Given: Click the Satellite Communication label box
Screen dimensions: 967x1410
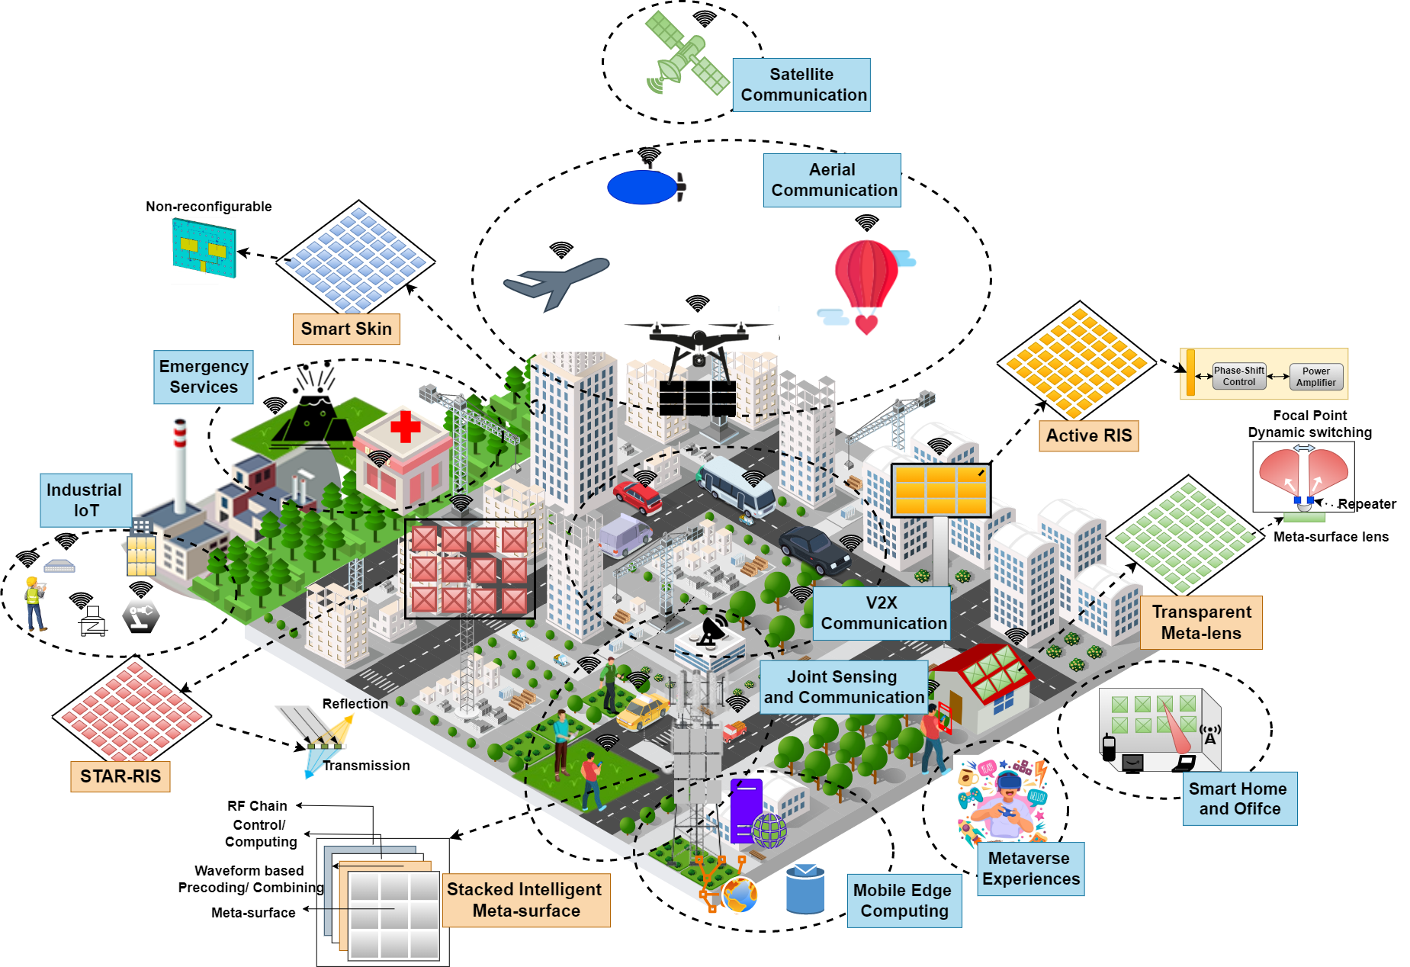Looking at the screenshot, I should (x=801, y=85).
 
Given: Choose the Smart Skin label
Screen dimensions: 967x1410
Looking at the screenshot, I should (x=346, y=329).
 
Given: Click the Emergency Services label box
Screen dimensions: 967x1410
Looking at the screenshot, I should (x=204, y=377).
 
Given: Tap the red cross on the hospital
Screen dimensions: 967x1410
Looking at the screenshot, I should (x=406, y=426).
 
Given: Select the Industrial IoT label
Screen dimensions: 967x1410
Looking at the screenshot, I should (x=85, y=500).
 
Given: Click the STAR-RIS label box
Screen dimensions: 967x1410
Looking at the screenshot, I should (x=120, y=776).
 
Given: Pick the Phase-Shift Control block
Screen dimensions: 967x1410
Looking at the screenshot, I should (x=1238, y=376).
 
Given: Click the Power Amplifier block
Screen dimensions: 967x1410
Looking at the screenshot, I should (x=1315, y=377).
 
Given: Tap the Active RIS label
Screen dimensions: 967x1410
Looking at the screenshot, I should (x=1088, y=435).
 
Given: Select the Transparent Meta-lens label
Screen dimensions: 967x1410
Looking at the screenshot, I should (x=1201, y=622).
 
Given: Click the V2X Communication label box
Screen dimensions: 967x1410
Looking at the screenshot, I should (x=882, y=613).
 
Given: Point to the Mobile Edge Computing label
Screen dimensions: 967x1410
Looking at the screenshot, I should (x=904, y=901).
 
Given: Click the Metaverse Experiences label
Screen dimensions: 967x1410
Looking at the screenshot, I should (x=1030, y=869).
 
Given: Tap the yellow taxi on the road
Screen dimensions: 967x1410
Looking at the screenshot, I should (x=642, y=711).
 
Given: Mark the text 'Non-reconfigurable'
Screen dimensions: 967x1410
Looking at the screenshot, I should (x=209, y=207).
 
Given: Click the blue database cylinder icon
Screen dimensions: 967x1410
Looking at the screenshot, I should (x=805, y=889).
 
